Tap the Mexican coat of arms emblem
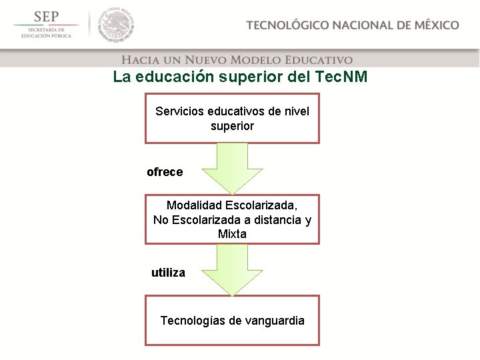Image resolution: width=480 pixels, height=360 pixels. (117, 25)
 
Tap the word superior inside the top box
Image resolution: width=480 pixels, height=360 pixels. (232, 125)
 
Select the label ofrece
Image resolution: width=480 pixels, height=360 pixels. (165, 172)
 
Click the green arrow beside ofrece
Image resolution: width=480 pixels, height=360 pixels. (232, 169)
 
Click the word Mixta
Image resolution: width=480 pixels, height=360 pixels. (232, 234)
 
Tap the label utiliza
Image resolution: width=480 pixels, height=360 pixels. (168, 273)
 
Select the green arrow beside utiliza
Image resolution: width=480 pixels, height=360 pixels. (232, 270)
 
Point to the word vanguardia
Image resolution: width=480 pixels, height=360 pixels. (274, 321)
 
